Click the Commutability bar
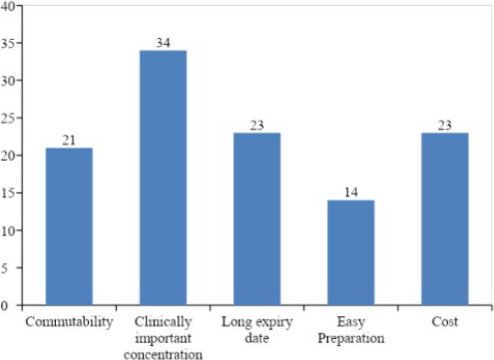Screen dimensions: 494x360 coord(69,226)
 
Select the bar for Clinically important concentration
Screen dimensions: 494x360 coord(163,178)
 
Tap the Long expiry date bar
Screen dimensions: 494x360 coord(256,219)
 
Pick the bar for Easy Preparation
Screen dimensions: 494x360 coord(351,252)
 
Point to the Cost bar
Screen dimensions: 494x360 coord(445,219)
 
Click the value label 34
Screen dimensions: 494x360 coord(163,43)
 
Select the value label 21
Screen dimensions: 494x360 coord(69,141)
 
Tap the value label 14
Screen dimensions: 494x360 coord(351,192)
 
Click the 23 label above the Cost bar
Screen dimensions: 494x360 coord(445,126)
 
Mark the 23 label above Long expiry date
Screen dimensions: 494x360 coord(256,126)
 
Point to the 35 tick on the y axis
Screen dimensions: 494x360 coord(7,44)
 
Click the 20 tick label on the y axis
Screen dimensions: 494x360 coord(7,156)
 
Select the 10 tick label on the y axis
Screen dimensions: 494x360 coord(7,230)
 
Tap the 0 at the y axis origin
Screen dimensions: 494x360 coord(4,306)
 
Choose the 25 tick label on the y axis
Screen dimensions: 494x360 coord(7,119)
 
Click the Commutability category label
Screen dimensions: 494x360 coord(69,322)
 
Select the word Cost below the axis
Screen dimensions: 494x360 coord(445,321)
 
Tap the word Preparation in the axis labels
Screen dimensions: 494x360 coord(351,339)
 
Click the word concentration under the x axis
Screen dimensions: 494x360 coord(163,354)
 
